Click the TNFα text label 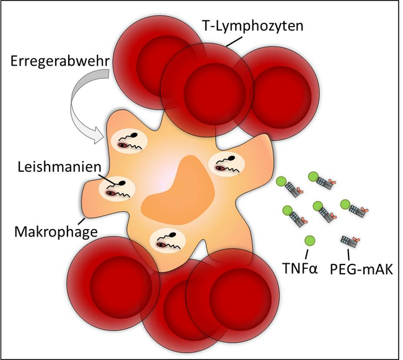click(x=306, y=271)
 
